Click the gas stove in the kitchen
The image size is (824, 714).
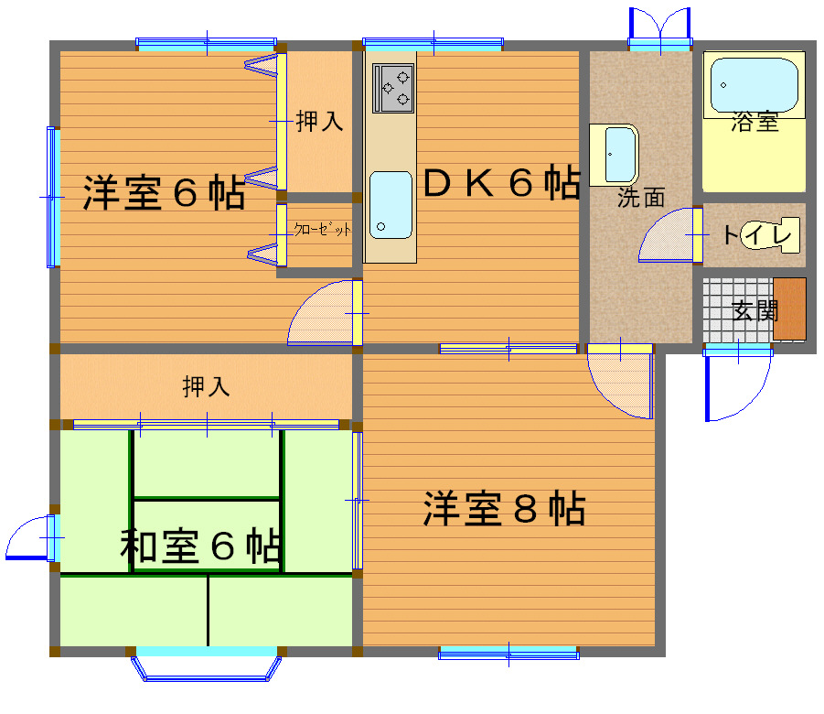tap(393, 88)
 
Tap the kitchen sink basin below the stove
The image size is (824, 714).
tap(391, 205)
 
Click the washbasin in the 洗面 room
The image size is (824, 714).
tap(614, 156)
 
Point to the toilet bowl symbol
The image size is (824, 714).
tap(770, 234)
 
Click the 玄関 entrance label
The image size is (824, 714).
tap(754, 311)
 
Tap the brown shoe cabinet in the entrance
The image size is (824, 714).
tap(789, 308)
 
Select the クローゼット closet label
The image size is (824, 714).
tap(322, 229)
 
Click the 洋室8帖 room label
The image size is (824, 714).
tap(504, 508)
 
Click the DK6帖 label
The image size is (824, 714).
tap(501, 182)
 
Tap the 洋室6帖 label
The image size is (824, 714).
tap(164, 192)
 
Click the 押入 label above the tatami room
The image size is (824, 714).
tap(206, 386)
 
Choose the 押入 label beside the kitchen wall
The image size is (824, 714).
tap(319, 121)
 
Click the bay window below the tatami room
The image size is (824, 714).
tap(206, 665)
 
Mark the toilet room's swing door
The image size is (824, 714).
tap(670, 235)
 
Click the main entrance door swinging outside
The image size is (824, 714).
tap(738, 383)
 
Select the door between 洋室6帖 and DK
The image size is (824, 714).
tap(325, 313)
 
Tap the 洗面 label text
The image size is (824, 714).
tap(641, 198)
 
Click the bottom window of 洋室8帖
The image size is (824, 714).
tap(508, 654)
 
